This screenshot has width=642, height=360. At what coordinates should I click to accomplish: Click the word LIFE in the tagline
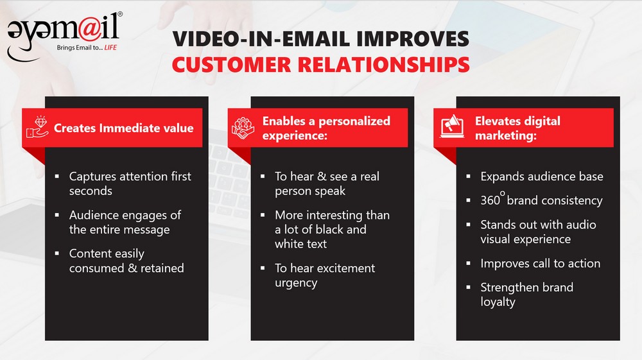point(110,47)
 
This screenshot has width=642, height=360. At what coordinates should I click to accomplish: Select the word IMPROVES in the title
point(413,39)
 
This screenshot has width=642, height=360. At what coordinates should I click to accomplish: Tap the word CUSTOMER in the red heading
point(231,65)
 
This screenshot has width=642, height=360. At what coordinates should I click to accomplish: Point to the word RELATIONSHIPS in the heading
point(384,65)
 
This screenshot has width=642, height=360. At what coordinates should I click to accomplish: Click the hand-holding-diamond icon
point(37,127)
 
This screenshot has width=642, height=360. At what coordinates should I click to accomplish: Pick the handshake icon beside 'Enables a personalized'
point(243,128)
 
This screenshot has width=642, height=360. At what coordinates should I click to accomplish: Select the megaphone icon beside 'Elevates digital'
point(452,126)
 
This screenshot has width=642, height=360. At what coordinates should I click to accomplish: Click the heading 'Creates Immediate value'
point(124,128)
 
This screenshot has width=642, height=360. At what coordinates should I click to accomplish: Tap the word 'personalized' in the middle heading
point(354,121)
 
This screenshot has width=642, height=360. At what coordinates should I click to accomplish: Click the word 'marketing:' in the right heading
point(506,135)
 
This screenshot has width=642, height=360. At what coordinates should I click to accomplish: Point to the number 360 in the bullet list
point(490,200)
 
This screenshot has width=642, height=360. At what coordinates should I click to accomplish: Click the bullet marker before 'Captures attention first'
point(57,176)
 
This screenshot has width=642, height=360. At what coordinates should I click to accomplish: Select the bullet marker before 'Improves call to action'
point(469,264)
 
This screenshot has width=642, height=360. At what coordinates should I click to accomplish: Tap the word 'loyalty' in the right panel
point(498,302)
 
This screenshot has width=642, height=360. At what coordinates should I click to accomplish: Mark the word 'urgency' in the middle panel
point(296,283)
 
